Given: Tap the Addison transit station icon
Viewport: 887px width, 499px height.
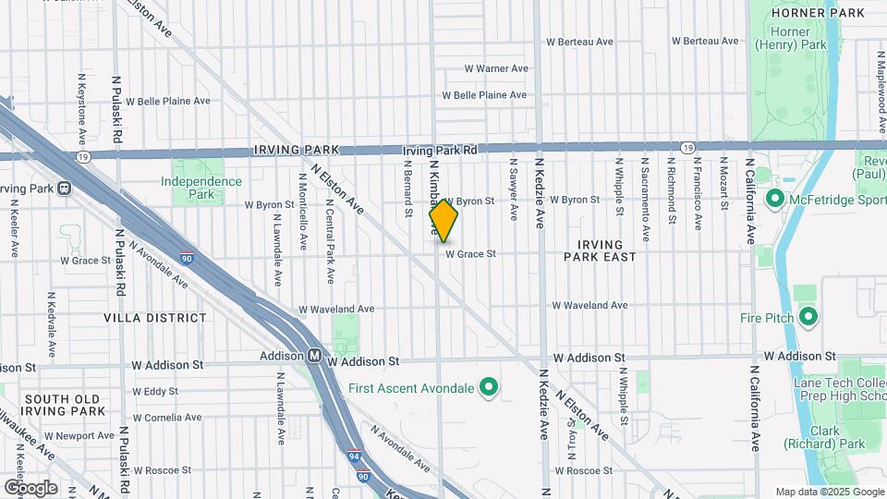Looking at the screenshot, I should pos(315,355).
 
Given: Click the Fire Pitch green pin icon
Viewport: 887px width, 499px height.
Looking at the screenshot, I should pos(808,318).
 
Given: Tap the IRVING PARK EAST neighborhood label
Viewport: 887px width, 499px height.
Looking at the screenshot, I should pos(601,249).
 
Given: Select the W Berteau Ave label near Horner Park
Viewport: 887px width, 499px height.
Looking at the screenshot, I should pos(705,42).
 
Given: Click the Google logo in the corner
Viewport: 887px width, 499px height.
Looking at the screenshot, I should pos(30,488).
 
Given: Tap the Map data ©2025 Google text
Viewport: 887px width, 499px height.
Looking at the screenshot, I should pos(829,492).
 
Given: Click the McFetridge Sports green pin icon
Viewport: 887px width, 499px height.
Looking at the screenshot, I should pos(774,199).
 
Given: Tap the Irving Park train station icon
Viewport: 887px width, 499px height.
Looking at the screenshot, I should pos(64,189).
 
